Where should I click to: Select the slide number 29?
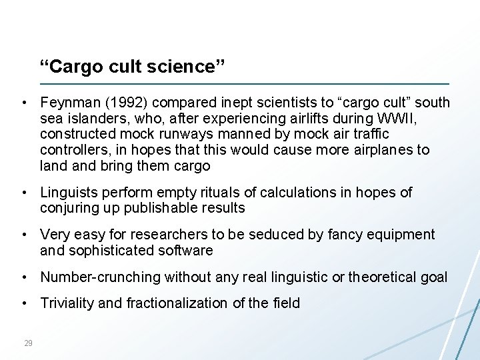[28, 343]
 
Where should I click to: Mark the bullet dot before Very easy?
[23, 235]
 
